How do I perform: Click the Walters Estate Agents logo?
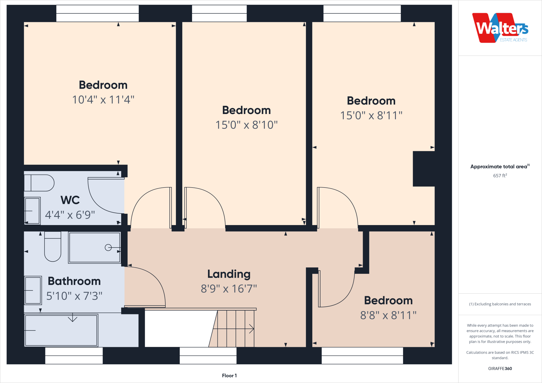pyautogui.click(x=500, y=28)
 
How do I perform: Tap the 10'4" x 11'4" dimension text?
pyautogui.click(x=103, y=100)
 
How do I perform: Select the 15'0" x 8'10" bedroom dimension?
pyautogui.click(x=246, y=125)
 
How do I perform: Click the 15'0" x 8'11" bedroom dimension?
pyautogui.click(x=371, y=116)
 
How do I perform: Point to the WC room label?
pyautogui.click(x=70, y=200)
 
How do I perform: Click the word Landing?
pyautogui.click(x=229, y=274)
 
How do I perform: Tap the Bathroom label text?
pyautogui.click(x=74, y=281)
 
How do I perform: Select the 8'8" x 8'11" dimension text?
pyautogui.click(x=388, y=315)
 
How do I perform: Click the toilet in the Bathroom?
pyautogui.click(x=53, y=247)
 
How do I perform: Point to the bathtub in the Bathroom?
pyautogui.click(x=61, y=330)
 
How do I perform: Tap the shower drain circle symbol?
pyautogui.click(x=108, y=248)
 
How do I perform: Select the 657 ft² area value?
pyautogui.click(x=500, y=176)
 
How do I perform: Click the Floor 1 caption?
pyautogui.click(x=229, y=376)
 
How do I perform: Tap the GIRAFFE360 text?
pyautogui.click(x=500, y=368)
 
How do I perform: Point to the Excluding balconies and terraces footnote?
pyautogui.click(x=500, y=304)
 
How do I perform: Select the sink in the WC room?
pyautogui.click(x=32, y=211)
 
